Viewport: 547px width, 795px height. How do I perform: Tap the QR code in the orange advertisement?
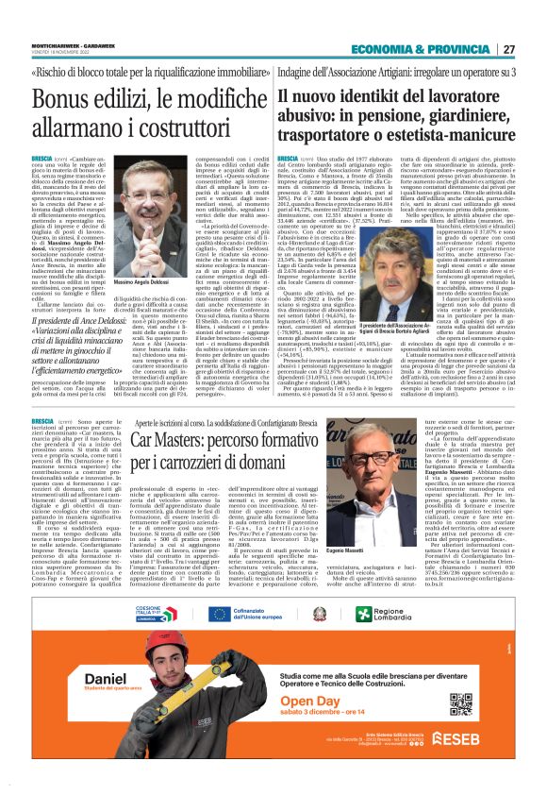click(x=459, y=703)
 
